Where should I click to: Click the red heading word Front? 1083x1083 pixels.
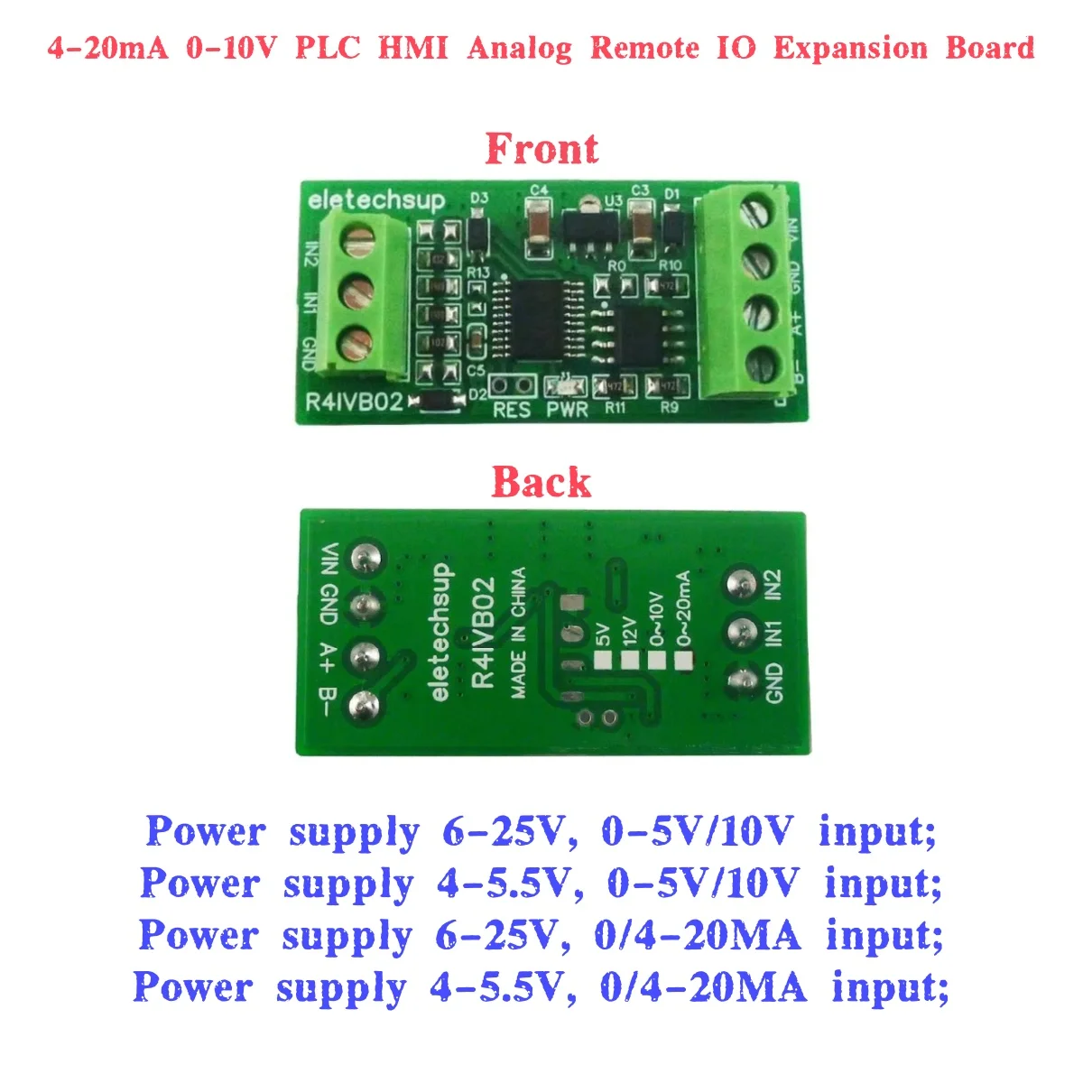coord(541,149)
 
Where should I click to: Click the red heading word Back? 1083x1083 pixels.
coord(541,483)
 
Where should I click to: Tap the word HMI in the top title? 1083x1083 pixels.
coord(412,47)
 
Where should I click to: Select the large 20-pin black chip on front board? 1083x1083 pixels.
coord(531,319)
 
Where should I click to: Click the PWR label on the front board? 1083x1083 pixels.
coord(568,410)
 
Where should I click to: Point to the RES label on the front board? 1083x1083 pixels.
coord(512,410)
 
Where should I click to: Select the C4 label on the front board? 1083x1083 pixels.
coord(539,190)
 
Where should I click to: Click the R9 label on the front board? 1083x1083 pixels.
coord(669,408)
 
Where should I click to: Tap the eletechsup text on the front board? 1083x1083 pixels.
coord(376,200)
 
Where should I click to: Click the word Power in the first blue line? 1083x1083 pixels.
coord(206,830)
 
